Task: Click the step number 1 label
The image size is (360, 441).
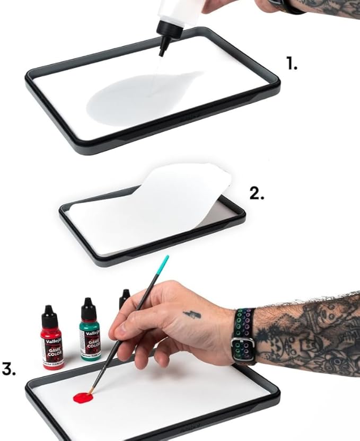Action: pos(292,64)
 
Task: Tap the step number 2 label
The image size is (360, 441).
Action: pos(257,193)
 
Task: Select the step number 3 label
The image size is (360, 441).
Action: pos(8,369)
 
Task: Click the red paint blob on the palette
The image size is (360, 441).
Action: pos(82,398)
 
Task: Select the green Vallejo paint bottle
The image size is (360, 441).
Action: pos(90,331)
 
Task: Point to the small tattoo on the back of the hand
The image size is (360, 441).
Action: pos(191,315)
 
